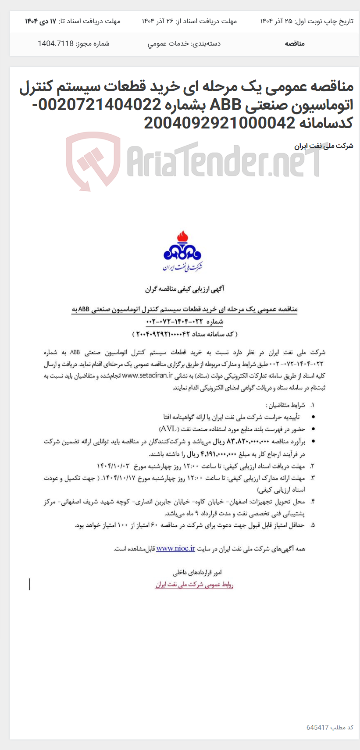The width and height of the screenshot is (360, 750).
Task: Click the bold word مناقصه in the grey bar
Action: (295, 43)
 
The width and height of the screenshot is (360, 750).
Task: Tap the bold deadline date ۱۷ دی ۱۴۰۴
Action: (41, 21)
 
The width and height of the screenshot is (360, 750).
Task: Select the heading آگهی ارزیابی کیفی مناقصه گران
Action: (185, 289)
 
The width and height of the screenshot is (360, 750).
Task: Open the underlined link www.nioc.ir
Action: (175, 548)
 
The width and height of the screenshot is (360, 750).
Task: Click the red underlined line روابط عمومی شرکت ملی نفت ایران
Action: (194, 585)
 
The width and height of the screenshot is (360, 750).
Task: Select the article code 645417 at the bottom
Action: (317, 727)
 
